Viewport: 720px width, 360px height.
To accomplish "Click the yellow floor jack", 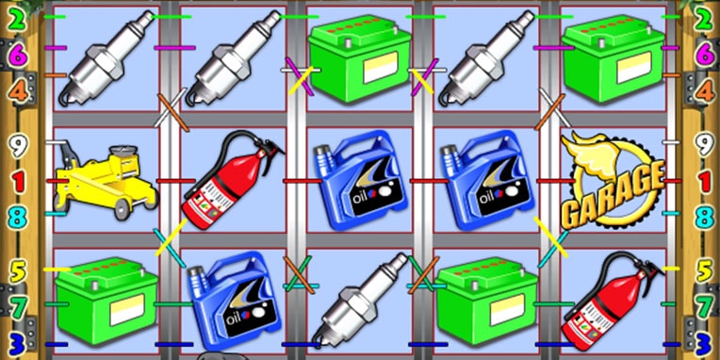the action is pos(106,181).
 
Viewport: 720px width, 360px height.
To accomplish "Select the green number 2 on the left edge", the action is pos(18,21).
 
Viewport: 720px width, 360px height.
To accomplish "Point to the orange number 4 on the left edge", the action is pos(18,91).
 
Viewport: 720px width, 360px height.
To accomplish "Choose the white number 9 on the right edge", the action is pos(703,145).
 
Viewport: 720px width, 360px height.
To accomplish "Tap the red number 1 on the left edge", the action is pos(18,182).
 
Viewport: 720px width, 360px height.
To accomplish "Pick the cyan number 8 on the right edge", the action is pos(705,218).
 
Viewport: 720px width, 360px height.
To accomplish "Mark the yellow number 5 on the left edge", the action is pos(18,271).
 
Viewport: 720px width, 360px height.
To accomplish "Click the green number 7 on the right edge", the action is pos(704,306).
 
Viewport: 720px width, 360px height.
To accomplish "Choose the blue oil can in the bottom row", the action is pos(235,300).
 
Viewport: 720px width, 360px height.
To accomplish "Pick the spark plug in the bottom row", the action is pos(360,301).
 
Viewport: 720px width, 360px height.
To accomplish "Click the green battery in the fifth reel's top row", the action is pos(613,58).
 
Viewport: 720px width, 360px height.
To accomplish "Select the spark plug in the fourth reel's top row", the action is pos(486,58).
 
